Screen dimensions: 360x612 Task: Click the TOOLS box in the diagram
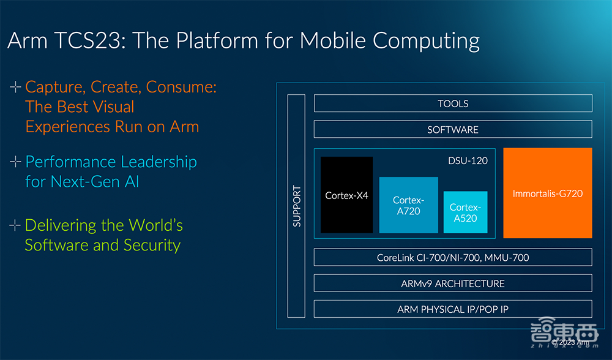pos(453,103)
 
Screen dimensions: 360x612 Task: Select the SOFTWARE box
pos(453,129)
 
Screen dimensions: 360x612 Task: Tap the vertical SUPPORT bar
pos(296,206)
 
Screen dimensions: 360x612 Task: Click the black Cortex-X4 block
pos(346,195)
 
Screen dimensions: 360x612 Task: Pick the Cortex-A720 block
pos(408,205)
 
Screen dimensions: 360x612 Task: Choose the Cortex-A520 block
pos(465,212)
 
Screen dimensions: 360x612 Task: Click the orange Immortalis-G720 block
pos(547,193)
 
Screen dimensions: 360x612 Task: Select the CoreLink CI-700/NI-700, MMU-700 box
pos(453,257)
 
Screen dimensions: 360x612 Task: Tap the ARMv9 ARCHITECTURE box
pos(453,283)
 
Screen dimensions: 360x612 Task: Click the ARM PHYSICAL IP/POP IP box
pos(453,309)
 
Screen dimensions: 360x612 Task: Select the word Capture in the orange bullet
pos(52,87)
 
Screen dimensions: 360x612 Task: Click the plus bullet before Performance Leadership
pos(15,162)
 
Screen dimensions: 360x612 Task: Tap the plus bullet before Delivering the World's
pos(15,225)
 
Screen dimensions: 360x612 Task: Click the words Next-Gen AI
pos(95,181)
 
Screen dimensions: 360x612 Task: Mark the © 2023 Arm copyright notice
pos(570,343)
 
